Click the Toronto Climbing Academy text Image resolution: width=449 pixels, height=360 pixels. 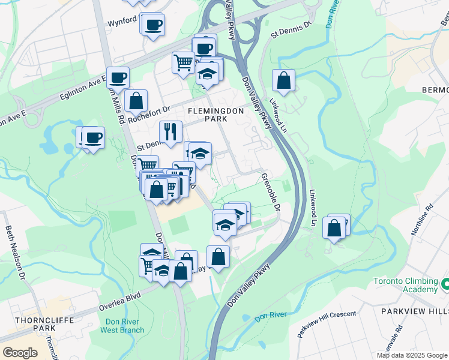pos(405,285)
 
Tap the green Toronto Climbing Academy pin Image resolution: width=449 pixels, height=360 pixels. pos(445,283)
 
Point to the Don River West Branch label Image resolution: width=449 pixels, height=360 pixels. pos(122,325)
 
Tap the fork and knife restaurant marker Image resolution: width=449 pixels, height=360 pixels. pos(170,131)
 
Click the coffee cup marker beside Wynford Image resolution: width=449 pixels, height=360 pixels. pos(153,25)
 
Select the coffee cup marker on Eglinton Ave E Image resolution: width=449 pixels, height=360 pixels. pos(118,77)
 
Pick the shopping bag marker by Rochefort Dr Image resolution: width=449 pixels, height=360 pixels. pos(137,100)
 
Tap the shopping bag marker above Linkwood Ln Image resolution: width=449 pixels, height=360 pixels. pos(283,80)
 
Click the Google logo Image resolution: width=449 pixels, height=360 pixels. pos(20,353)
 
